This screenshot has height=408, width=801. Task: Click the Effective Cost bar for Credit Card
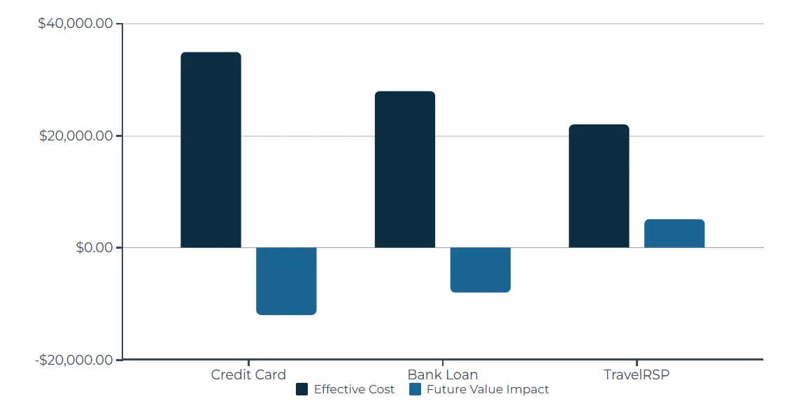pos(211,150)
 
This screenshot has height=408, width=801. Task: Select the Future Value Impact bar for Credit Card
pos(286,281)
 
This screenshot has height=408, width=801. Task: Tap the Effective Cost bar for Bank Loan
pos(404,169)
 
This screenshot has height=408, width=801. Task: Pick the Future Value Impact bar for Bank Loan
pos(480,270)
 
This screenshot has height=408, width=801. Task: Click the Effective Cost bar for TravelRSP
pos(599,186)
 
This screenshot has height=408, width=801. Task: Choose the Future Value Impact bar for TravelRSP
pos(674,233)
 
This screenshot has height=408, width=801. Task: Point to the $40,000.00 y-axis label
pos(76,24)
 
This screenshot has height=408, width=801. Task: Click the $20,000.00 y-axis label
pos(76,136)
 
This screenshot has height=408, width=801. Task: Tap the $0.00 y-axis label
pos(94,247)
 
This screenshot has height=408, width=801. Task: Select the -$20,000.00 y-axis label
pos(73,360)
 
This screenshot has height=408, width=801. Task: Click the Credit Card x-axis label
pos(248,374)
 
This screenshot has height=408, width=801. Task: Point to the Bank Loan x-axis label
pos(442,374)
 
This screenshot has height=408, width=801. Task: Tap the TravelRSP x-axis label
pos(637,374)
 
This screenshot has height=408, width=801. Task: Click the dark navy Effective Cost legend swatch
pos(302,390)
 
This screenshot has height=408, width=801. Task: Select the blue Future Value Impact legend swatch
pos(415,390)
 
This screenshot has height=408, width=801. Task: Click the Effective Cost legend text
pos(354,390)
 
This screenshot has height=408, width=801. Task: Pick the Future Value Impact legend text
pos(488,390)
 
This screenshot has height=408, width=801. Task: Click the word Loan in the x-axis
pos(462,374)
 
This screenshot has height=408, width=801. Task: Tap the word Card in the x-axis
pos(269,374)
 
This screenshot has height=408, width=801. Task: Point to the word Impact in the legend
pos(529,390)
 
